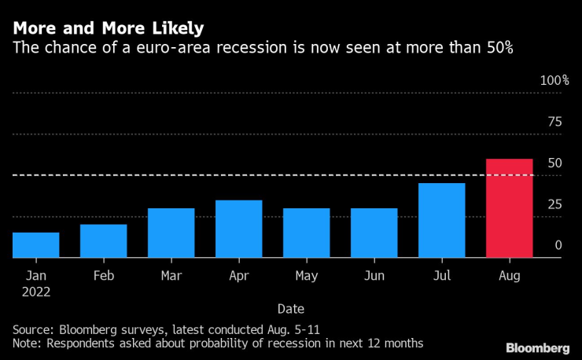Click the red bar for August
[510, 208]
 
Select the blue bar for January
[35, 244]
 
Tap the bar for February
[103, 241]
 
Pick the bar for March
[171, 233]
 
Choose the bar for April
[238, 229]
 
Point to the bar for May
[306, 233]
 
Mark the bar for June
[374, 233]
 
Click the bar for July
[441, 220]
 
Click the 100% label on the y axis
[554, 81]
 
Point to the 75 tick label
[555, 122]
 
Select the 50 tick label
[555, 163]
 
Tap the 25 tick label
[555, 204]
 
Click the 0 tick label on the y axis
[558, 245]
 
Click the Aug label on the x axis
[510, 276]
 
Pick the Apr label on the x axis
[238, 276]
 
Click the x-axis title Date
[290, 309]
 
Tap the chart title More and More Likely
[108, 28]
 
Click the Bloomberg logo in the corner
[537, 347]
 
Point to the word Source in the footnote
[32, 328]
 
